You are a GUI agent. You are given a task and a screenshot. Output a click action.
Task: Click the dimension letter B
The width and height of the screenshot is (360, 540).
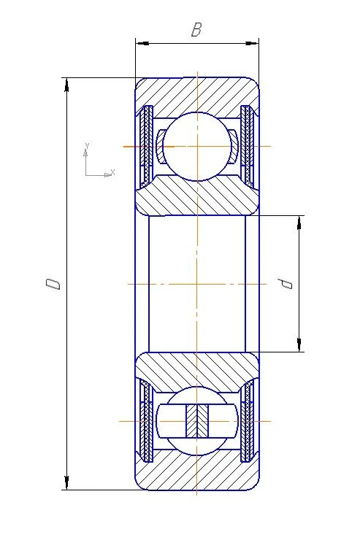pos(196,30)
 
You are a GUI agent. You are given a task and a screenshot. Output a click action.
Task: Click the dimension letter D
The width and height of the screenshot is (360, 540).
pos(53,283)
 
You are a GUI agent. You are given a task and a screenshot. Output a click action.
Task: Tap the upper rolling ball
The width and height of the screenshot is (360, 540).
pos(196,146)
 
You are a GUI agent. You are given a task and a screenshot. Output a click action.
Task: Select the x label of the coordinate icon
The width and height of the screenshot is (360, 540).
pos(112,172)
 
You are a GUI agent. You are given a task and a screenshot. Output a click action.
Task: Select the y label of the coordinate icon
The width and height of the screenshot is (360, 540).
pos(87,146)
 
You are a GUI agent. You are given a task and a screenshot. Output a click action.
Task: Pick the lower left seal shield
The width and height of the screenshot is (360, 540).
pos(147,421)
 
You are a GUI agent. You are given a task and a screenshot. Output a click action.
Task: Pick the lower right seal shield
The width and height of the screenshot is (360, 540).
pos(247,421)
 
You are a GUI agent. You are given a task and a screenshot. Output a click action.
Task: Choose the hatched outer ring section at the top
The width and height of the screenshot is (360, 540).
pos(196,93)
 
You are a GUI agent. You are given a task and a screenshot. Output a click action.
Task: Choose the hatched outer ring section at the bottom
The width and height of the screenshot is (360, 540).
pos(196,474)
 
